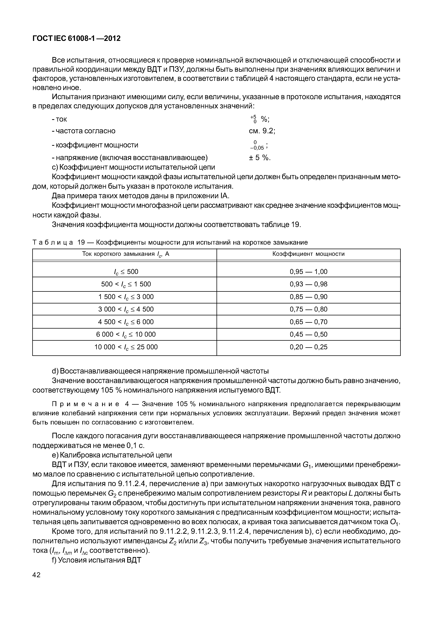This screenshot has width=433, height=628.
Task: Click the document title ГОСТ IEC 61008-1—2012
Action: [76, 39]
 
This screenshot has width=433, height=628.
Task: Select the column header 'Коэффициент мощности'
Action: [309, 254]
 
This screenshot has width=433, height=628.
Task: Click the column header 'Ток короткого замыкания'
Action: [126, 254]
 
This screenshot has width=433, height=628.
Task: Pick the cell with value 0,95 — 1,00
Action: [309, 271]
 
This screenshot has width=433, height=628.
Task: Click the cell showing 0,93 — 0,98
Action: [309, 284]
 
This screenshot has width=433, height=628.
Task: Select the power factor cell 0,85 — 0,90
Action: [309, 297]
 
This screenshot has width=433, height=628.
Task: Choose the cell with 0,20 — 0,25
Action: [309, 347]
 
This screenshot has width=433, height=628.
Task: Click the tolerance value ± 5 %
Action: [260, 158]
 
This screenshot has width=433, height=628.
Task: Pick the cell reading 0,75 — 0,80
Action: [309, 309]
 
